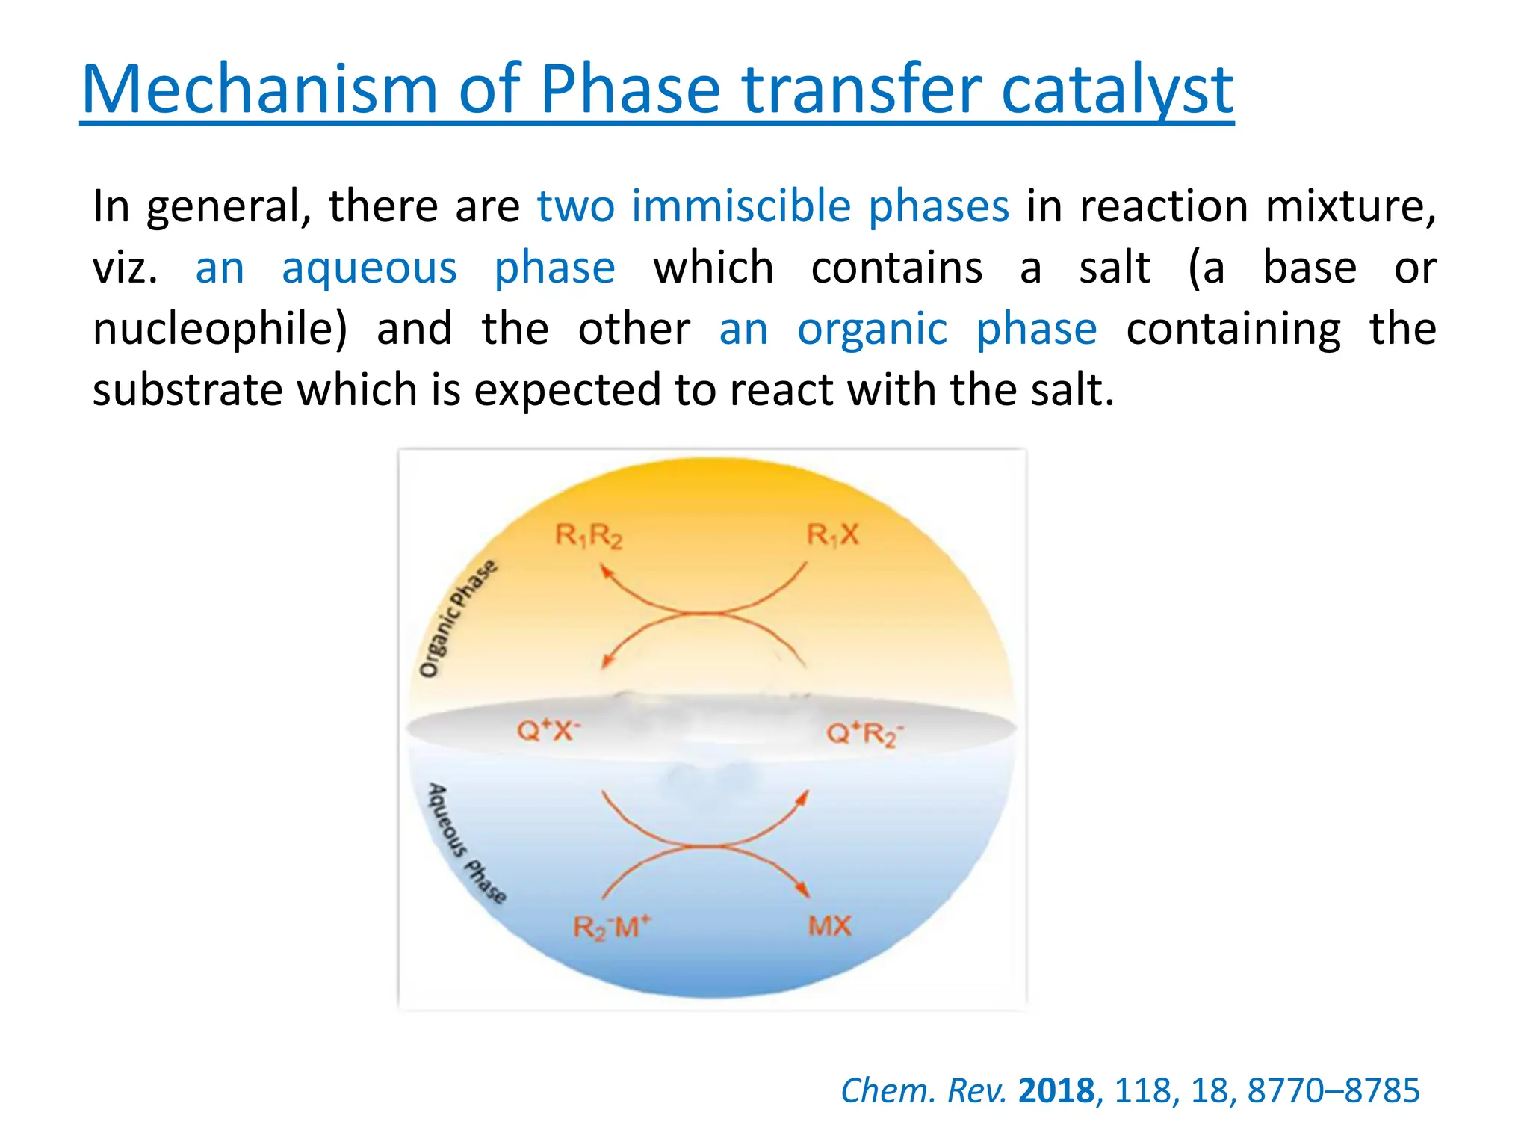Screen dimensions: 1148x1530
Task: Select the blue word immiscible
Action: coord(740,206)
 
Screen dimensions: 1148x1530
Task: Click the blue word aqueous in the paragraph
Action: coord(369,268)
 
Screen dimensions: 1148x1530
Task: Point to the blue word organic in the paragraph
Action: coord(872,329)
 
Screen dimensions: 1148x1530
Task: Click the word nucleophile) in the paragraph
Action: coord(220,329)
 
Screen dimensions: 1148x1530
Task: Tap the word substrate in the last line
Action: coord(187,390)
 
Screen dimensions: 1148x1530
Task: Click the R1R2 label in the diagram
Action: coord(589,536)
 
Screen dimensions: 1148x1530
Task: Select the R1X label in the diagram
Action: coord(833,535)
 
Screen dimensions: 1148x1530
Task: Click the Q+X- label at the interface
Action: coord(548,729)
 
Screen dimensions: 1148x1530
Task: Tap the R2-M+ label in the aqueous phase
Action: coord(612,928)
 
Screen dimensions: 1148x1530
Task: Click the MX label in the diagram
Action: coord(829,927)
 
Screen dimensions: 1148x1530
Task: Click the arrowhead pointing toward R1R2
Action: coord(607,572)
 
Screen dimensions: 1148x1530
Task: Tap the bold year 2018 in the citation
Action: coord(1056,1091)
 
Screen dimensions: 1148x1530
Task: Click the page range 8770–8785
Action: coord(1333,1091)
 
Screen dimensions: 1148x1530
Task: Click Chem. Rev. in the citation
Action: coord(924,1091)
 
